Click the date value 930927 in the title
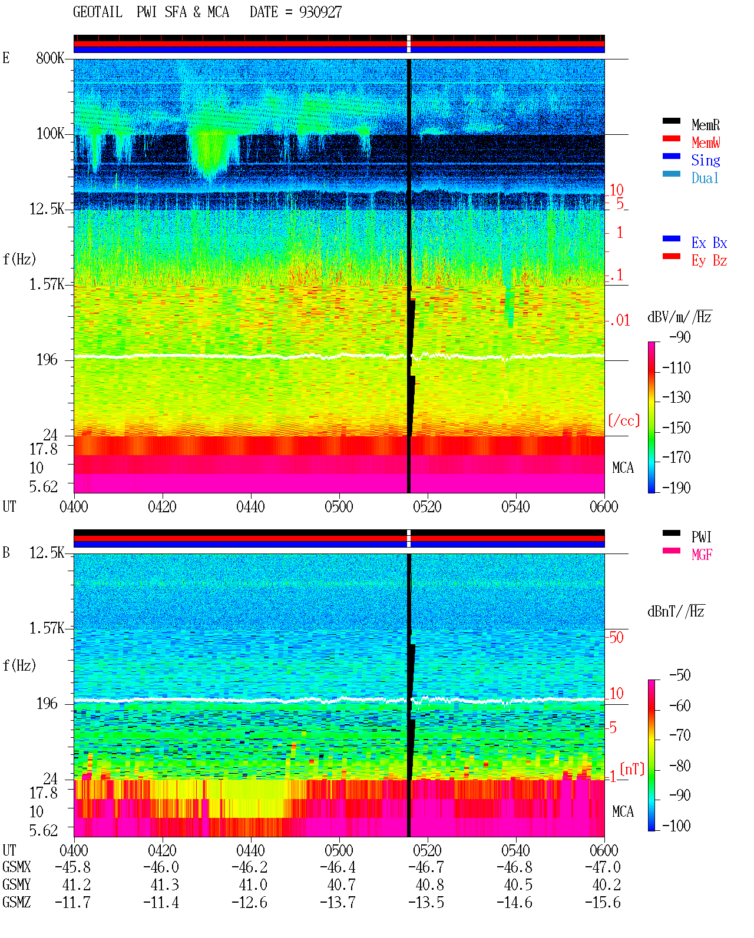coord(320,12)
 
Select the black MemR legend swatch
coord(671,121)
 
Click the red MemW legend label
coord(706,142)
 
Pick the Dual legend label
coord(705,178)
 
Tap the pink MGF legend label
coord(702,555)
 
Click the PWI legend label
coord(702,536)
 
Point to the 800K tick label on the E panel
coord(50,58)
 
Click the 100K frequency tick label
coord(50,134)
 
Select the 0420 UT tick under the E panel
coord(162,506)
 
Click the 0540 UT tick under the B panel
coord(515,850)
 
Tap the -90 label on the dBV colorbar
coord(680,337)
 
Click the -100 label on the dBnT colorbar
coord(676,826)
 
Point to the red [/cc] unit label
coord(624,420)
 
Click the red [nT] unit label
coord(632,769)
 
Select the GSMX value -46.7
coord(426,867)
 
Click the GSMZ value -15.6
coord(603,903)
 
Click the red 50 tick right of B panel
coord(616,638)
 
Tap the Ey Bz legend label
coord(709,261)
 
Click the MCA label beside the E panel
coord(623,468)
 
